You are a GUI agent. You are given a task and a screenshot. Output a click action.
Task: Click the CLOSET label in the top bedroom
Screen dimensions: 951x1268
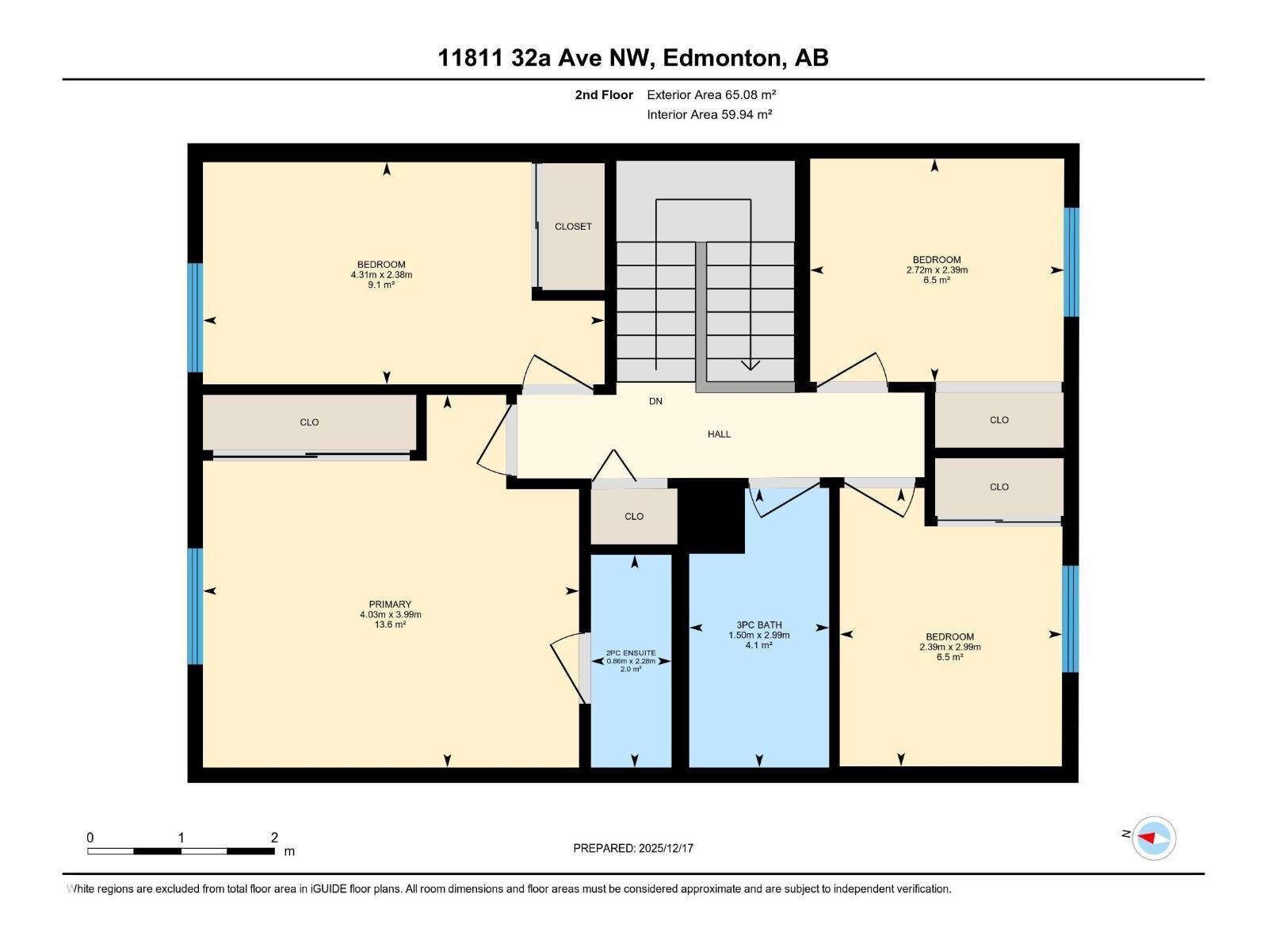(573, 227)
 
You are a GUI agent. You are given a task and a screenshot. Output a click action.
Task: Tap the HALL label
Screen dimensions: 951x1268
(719, 434)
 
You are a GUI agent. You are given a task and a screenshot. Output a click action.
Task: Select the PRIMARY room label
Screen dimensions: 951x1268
(390, 604)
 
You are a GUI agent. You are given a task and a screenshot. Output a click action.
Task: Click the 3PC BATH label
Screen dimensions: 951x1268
(758, 624)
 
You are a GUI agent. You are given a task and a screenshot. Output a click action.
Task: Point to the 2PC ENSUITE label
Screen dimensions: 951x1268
(631, 653)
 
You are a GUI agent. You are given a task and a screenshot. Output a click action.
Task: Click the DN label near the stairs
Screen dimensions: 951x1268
(655, 402)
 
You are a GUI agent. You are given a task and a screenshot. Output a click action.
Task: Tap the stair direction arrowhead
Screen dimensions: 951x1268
(750, 365)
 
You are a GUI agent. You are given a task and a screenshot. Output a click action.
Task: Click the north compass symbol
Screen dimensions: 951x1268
(1153, 838)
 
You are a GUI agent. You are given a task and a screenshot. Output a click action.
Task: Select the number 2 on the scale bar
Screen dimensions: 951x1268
(274, 838)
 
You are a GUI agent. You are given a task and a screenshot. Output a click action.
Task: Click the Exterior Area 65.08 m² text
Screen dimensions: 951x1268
(711, 95)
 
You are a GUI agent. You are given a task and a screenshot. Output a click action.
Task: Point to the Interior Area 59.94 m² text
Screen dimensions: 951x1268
(709, 115)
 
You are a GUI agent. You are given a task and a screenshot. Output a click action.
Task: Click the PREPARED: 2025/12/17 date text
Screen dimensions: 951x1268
(633, 848)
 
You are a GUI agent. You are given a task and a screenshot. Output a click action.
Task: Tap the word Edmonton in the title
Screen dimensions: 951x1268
(722, 58)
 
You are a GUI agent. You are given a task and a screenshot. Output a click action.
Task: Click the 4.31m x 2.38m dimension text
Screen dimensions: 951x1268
(381, 275)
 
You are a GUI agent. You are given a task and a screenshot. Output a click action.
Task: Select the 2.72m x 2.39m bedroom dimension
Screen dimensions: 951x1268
(937, 270)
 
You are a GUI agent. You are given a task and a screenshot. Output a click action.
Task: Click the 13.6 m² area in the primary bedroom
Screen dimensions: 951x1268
(390, 624)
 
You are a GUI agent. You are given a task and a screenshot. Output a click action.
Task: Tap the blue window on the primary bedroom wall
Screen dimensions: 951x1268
(195, 606)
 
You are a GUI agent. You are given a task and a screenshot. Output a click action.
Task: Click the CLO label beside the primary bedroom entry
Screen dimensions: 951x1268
(309, 422)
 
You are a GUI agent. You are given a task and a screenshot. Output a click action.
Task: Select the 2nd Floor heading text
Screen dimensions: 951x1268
(604, 95)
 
